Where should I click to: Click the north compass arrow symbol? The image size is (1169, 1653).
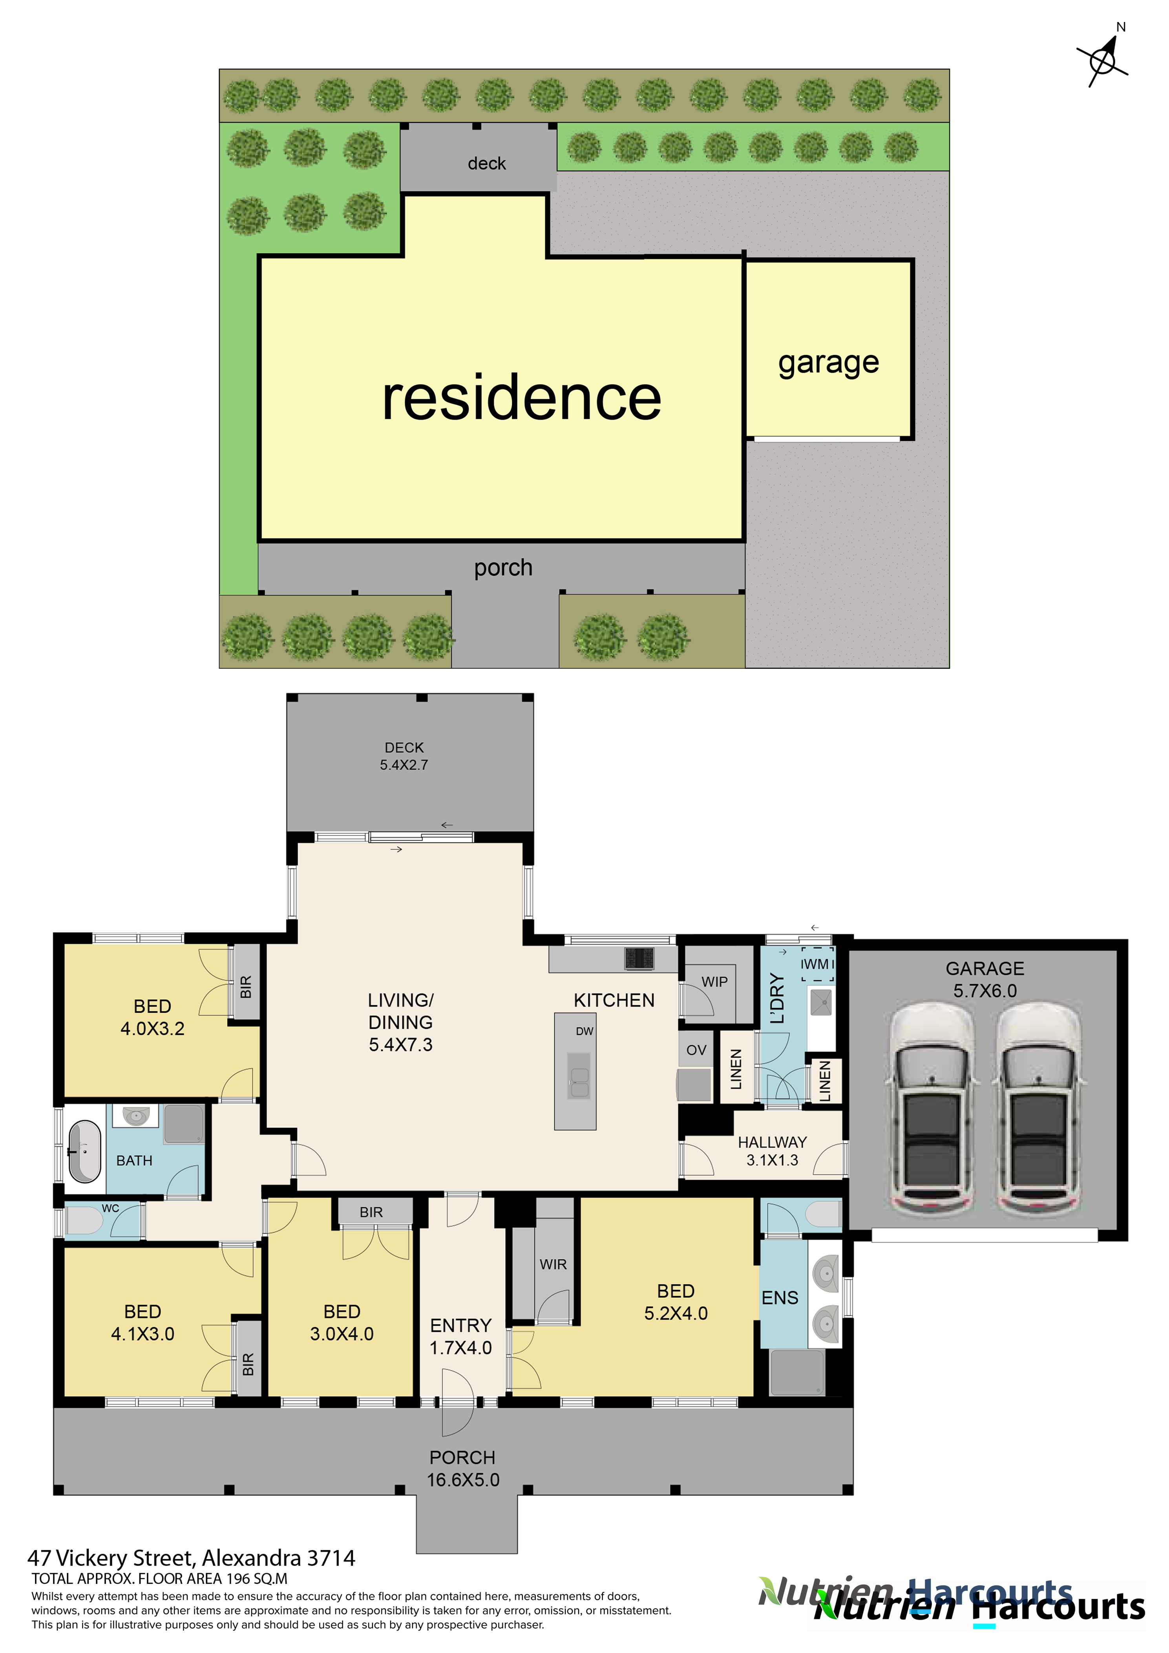tap(1103, 58)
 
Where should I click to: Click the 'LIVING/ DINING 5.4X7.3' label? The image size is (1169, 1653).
tap(400, 1022)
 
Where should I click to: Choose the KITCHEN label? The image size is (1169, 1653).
tap(614, 1000)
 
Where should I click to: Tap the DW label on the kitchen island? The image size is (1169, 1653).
tap(584, 1031)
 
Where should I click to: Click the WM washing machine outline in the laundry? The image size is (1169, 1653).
tap(817, 964)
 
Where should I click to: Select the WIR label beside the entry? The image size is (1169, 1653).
tap(553, 1264)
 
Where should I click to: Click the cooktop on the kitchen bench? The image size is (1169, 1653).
tap(639, 957)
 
